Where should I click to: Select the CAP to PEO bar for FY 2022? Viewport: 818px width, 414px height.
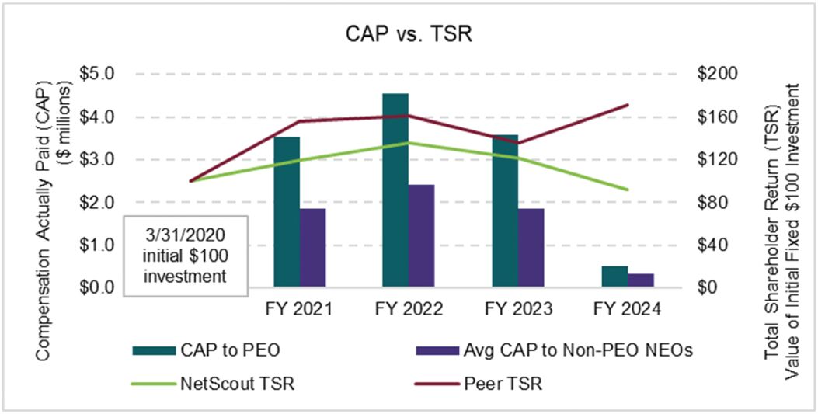(395, 190)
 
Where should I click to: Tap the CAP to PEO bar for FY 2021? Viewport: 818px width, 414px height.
(287, 211)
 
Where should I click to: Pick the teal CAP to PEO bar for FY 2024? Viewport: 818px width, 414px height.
(614, 277)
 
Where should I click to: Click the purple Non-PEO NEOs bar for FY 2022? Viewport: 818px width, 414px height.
(422, 236)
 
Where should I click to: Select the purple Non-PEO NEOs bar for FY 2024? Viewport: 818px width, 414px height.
(641, 280)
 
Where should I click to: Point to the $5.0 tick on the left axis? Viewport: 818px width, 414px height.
(99, 74)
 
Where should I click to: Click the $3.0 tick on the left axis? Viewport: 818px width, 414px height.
(99, 159)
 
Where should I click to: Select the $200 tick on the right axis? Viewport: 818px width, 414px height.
(719, 74)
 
